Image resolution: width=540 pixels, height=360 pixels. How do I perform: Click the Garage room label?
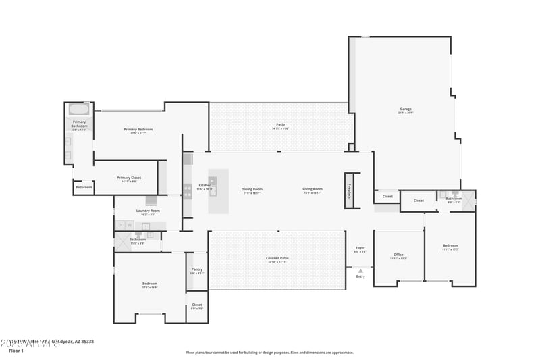(x=406, y=109)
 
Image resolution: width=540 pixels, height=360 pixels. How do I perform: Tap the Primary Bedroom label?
(x=138, y=129)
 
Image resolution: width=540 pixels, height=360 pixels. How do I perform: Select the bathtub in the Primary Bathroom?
(x=79, y=109)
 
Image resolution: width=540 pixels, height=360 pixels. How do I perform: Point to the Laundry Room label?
(x=148, y=211)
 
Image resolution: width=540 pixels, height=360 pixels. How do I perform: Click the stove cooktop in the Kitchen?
(x=188, y=191)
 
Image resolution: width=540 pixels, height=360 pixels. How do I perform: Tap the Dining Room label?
(x=252, y=189)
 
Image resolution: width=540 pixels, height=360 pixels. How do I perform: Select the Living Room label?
(x=313, y=189)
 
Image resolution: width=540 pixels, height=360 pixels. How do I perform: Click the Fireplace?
(x=349, y=190)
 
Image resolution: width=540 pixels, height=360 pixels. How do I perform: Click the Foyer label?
(x=360, y=248)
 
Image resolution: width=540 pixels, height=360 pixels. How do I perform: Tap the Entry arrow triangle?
(x=360, y=271)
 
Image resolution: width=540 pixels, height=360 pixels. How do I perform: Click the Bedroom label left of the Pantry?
(x=150, y=284)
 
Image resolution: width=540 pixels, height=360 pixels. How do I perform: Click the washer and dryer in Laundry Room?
(x=124, y=225)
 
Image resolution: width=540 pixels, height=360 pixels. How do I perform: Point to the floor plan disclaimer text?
(x=269, y=352)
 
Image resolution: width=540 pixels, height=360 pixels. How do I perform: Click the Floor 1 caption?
(x=16, y=351)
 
